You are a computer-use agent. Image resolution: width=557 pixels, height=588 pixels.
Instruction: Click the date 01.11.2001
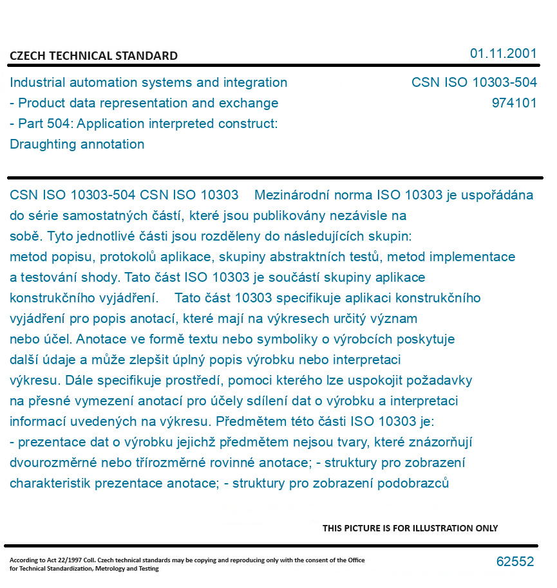[503, 53]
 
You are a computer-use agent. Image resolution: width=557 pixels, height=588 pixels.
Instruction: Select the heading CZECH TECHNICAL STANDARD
[93, 56]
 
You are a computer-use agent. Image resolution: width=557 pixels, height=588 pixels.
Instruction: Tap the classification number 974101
[514, 103]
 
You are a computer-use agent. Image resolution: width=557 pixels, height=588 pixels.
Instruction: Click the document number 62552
[515, 562]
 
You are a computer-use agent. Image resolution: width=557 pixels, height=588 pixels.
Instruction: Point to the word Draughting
[41, 144]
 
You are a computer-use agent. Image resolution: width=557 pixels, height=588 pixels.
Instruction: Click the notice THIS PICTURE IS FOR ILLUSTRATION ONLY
[410, 528]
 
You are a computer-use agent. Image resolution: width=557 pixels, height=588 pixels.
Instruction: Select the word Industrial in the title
[37, 82]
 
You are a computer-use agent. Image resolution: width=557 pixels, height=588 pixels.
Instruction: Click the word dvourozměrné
[50, 463]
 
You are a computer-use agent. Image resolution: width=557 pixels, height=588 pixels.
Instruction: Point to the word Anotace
[75, 339]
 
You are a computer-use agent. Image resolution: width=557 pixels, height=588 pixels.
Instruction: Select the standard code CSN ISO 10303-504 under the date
[474, 82]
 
